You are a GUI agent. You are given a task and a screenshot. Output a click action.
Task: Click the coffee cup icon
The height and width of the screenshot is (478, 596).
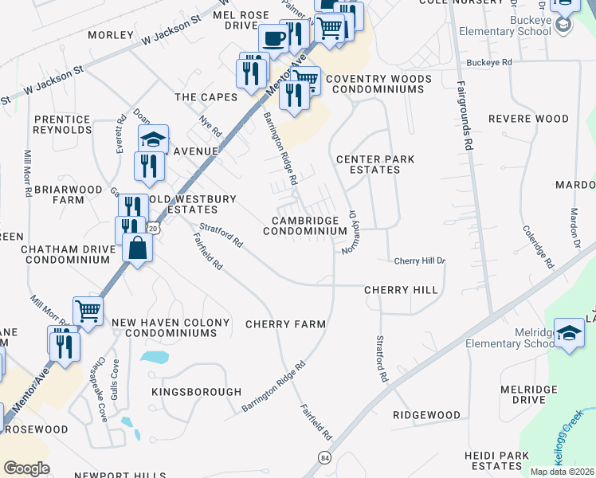click(273, 37)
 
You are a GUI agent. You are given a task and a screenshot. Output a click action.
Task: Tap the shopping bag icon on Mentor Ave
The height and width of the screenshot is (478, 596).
click(138, 248)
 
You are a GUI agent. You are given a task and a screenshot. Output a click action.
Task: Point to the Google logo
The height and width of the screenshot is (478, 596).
click(26, 468)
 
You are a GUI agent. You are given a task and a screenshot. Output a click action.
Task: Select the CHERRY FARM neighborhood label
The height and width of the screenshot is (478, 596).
click(285, 324)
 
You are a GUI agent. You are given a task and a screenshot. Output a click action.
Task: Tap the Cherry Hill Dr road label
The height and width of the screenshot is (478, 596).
click(419, 261)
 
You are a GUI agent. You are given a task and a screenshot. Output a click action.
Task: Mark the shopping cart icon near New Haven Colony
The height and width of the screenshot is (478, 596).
click(88, 309)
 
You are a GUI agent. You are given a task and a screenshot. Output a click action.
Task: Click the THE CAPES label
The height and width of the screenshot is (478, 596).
click(206, 96)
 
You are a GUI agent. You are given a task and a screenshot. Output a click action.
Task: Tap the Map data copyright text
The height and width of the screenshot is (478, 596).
click(562, 472)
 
